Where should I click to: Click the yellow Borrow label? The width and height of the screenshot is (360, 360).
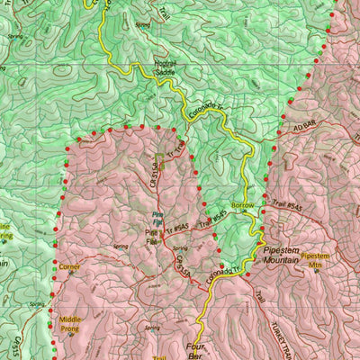(243, 205)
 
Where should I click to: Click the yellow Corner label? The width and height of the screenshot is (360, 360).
(70, 267)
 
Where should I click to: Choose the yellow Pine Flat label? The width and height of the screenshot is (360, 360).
(154, 241)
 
